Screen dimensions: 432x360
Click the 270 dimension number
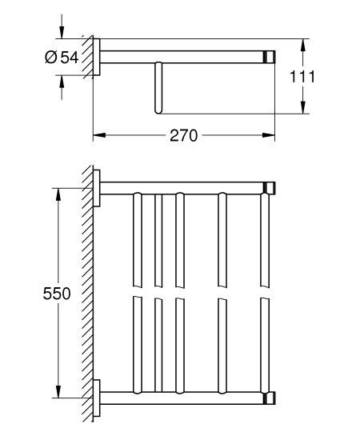point(183,135)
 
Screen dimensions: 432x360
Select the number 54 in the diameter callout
point(69,56)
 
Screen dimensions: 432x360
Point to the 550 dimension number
point(56,294)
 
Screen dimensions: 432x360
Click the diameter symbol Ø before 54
point(50,56)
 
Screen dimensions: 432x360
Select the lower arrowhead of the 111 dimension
point(303,110)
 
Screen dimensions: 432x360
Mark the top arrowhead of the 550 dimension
point(58,193)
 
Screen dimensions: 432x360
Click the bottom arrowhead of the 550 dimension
point(58,393)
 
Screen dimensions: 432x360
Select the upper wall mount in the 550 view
point(97,189)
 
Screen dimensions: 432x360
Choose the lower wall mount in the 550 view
point(97,398)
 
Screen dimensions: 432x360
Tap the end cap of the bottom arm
point(271,398)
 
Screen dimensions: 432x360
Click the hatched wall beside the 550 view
point(86,294)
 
